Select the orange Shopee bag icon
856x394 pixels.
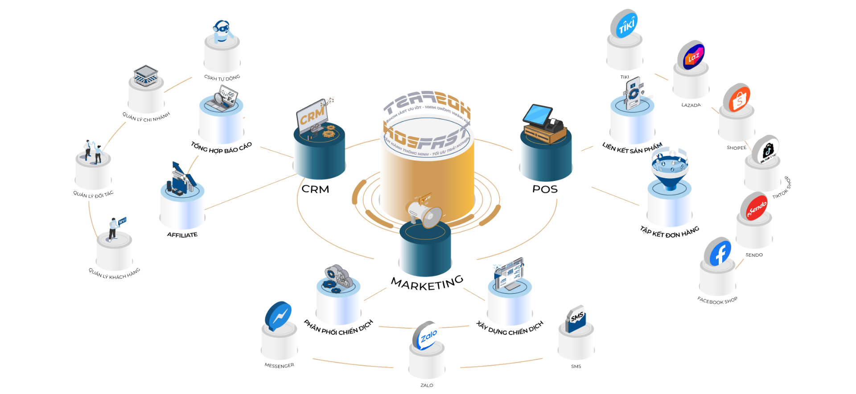pos(737,98)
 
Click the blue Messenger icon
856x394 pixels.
pos(278,316)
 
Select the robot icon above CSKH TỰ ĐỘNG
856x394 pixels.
pos(222,31)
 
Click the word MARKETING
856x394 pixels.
pos(427,283)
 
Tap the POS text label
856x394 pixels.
pos(545,189)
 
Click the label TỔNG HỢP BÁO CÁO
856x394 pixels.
pos(222,148)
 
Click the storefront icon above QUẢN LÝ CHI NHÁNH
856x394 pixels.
pos(146,75)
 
